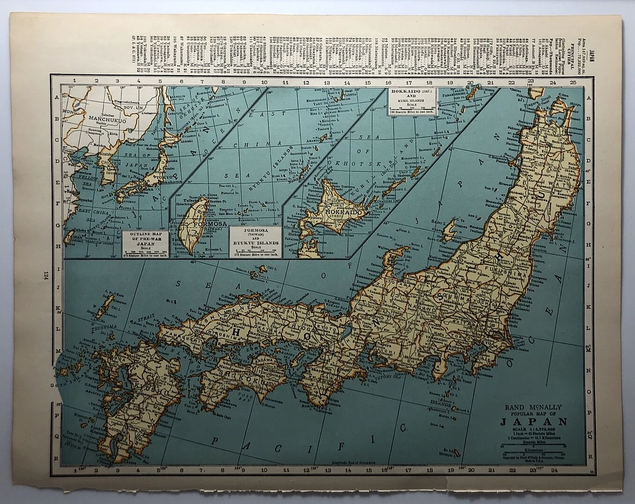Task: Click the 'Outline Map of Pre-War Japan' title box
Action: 145,244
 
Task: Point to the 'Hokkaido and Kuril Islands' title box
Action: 411,101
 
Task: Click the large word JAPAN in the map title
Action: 533,421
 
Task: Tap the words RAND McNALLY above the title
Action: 533,407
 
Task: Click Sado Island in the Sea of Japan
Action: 449,231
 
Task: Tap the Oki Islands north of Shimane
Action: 259,270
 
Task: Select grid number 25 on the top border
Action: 574,82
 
